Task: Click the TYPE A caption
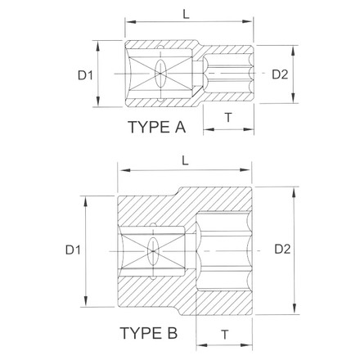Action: (157, 128)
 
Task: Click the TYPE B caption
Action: (149, 334)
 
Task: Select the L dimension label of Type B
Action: (186, 162)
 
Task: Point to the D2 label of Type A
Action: (280, 74)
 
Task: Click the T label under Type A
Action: (228, 118)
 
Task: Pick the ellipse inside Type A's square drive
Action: (161, 74)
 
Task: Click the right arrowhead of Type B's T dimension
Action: (250, 344)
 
